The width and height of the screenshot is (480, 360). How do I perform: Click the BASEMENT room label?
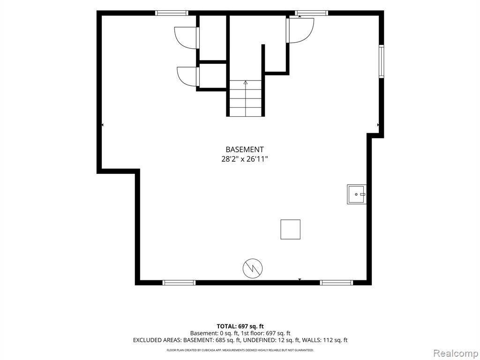pyautogui.click(x=244, y=150)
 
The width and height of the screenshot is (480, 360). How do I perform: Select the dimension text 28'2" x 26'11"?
pyautogui.click(x=245, y=159)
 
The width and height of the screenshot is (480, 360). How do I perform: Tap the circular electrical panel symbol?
pyautogui.click(x=253, y=269)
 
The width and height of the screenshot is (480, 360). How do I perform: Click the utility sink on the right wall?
pyautogui.click(x=356, y=194)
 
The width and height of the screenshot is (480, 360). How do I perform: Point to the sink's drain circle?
pyautogui.click(x=356, y=195)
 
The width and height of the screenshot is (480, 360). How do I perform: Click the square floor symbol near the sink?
pyautogui.click(x=290, y=229)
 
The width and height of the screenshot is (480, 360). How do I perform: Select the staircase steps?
pyautogui.click(x=246, y=98)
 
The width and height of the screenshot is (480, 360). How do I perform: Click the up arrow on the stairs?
pyautogui.click(x=246, y=82)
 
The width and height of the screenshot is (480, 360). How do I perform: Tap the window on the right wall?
pyautogui.click(x=382, y=61)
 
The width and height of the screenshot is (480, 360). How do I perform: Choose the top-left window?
pyautogui.click(x=172, y=13)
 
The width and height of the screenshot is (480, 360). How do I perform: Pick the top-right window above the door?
pyautogui.click(x=312, y=13)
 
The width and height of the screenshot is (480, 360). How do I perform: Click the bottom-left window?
pyautogui.click(x=179, y=283)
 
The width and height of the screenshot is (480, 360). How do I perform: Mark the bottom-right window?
pyautogui.click(x=337, y=283)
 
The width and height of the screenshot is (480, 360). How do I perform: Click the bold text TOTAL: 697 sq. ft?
pyautogui.click(x=240, y=326)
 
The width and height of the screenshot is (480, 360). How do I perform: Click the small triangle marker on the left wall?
pyautogui.click(x=102, y=125)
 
